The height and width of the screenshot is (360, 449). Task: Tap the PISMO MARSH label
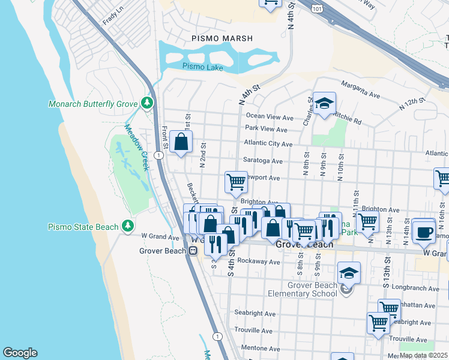[222, 38]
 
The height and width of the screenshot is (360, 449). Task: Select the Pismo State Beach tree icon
[127, 226]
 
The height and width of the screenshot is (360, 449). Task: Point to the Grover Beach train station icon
[193, 251]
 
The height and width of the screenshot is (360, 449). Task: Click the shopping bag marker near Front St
[181, 142]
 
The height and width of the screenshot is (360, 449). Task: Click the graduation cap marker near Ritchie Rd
[324, 103]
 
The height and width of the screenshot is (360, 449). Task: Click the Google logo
[20, 353]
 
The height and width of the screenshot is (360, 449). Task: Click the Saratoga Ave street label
[263, 161]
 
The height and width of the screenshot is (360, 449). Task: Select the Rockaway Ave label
[259, 262]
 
